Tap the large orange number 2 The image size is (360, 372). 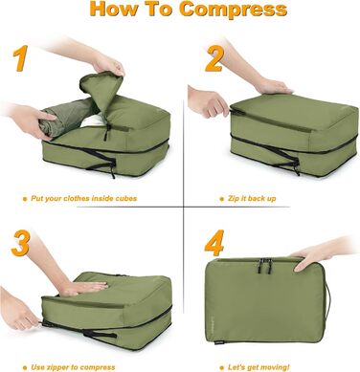(214, 60)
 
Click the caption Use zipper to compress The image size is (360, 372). (81, 364)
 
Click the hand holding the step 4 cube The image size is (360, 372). (316, 254)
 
